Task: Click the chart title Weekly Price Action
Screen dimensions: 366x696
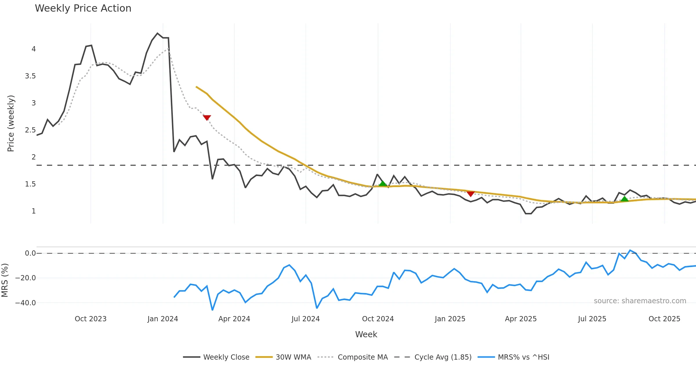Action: point(83,8)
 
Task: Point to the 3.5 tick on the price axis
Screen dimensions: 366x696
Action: point(30,76)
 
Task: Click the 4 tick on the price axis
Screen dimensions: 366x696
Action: point(34,49)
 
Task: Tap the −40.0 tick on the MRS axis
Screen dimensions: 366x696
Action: point(26,303)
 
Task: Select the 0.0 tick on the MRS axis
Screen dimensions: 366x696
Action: point(30,253)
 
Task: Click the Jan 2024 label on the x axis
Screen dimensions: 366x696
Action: point(163,319)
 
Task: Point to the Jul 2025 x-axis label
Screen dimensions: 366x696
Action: point(592,319)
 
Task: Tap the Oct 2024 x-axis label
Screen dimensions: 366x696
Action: point(378,319)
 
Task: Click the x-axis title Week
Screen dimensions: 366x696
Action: point(366,334)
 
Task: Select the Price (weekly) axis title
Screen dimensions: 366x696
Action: point(11,123)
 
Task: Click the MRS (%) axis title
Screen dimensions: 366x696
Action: point(5,280)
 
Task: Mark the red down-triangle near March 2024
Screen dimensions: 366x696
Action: point(207,118)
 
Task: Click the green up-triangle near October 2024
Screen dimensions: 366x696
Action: point(383,183)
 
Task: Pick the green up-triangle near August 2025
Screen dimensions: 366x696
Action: point(624,199)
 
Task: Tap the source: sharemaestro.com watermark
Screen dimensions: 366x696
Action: point(640,301)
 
